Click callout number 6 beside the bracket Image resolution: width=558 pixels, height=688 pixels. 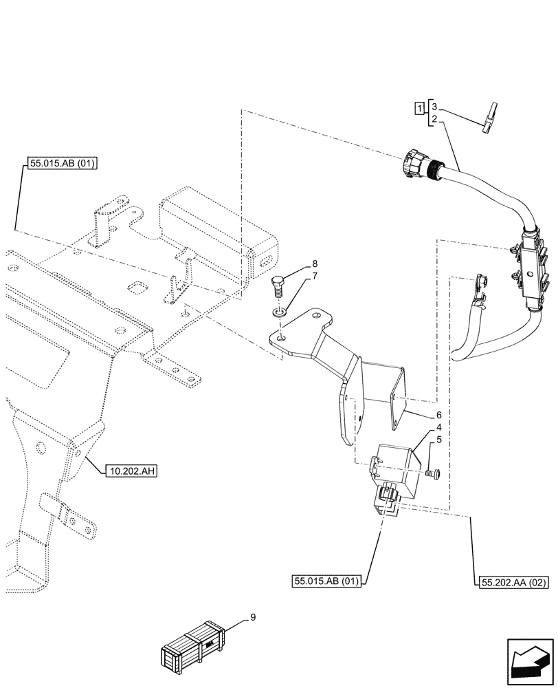437,416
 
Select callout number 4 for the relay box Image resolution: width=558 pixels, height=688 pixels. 437,427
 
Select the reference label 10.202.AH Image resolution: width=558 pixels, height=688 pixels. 132,471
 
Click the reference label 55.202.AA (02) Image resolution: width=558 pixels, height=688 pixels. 511,583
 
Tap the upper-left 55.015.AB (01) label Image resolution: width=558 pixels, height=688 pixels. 61,163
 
